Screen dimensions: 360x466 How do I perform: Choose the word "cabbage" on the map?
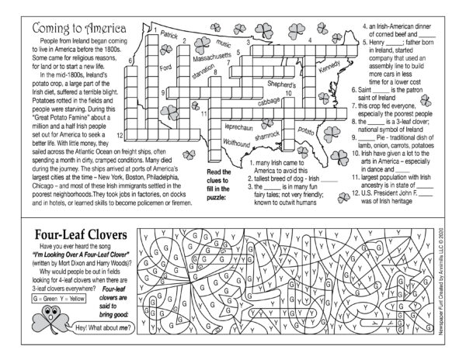270,102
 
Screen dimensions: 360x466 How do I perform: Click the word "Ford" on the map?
165,68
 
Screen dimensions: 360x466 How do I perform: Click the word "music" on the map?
224,43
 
